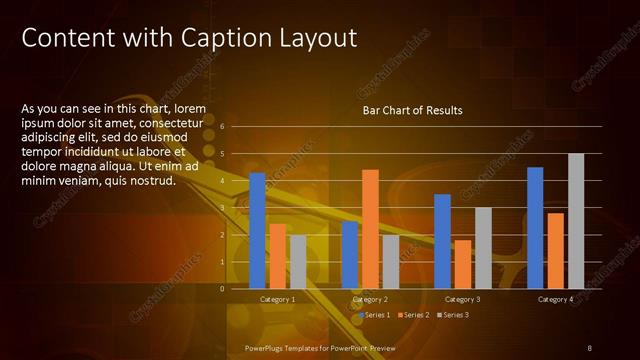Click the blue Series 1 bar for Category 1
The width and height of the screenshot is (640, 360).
coord(257,230)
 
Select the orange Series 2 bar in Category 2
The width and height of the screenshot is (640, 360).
coord(370,228)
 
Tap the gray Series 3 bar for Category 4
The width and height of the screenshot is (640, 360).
coord(576,220)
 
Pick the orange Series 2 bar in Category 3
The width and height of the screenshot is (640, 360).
coord(463,264)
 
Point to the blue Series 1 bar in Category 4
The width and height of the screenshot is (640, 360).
coord(535,227)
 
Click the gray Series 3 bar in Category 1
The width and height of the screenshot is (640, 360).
coord(298,261)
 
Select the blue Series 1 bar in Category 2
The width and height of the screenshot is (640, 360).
coord(350,254)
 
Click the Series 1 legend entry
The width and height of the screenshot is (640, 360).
coord(377,315)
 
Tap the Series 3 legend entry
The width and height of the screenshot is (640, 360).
coord(453,315)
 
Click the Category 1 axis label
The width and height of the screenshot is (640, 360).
coord(277,299)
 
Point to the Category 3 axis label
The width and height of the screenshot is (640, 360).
coord(463,299)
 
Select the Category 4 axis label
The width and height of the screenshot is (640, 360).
coord(555,299)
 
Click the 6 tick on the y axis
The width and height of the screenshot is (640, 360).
coord(236,127)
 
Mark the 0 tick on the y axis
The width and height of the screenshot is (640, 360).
coord(236,288)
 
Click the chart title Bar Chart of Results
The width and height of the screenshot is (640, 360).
coord(412,109)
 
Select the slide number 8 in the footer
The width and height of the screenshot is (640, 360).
coord(590,347)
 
